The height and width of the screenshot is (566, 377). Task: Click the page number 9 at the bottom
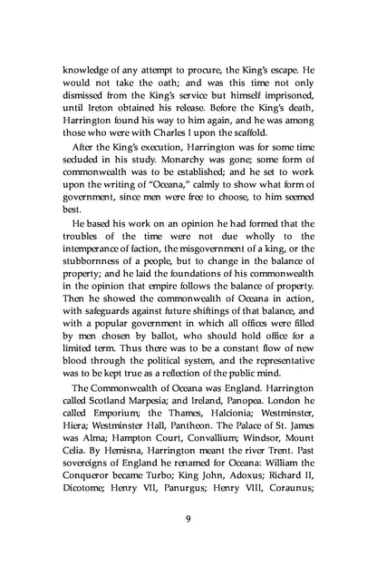coord(188,518)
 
